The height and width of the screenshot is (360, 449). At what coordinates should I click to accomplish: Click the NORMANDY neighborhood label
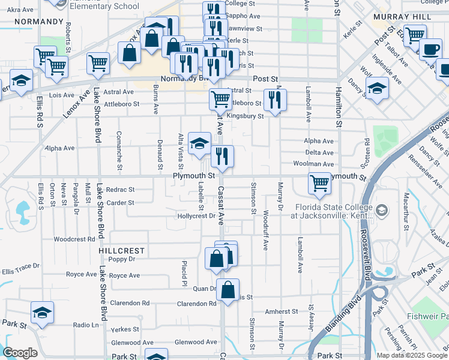pyautogui.click(x=38, y=21)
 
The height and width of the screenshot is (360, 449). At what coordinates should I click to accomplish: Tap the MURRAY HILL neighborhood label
pyautogui.click(x=399, y=17)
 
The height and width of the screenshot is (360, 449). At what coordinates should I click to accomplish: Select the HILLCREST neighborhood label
pyautogui.click(x=122, y=250)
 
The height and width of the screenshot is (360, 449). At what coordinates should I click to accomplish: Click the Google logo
pyautogui.click(x=20, y=353)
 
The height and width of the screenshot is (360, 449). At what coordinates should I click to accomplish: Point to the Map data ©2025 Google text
pyautogui.click(x=412, y=355)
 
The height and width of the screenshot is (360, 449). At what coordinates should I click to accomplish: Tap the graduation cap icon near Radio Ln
pyautogui.click(x=43, y=313)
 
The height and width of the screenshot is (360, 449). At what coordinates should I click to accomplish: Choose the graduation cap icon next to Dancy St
pyautogui.click(x=377, y=89)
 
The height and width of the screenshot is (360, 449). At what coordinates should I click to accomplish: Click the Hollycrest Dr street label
pyautogui.click(x=196, y=216)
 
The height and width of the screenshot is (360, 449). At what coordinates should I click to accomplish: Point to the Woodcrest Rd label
pyautogui.click(x=74, y=239)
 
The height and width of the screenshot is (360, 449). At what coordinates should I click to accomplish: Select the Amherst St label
pyautogui.click(x=282, y=311)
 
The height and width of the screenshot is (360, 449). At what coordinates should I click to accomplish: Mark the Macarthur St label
pyautogui.click(x=406, y=211)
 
